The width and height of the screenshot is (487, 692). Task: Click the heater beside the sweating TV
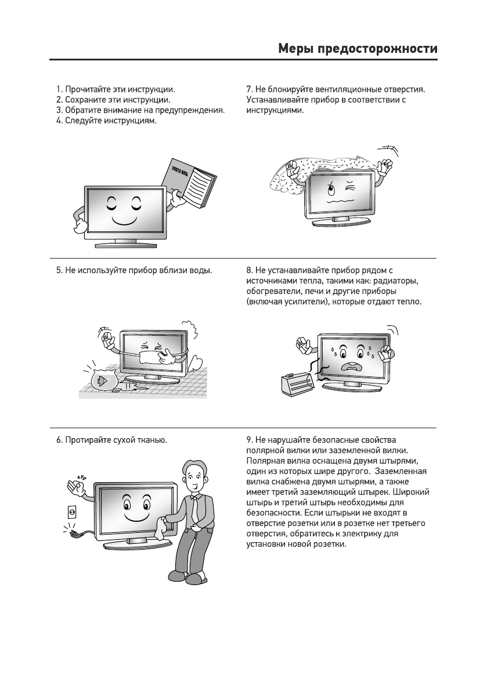(298, 383)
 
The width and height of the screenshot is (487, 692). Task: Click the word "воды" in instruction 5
(200, 270)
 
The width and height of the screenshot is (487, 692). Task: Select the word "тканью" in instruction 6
(151, 440)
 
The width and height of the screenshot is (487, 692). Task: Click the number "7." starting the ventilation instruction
(250, 89)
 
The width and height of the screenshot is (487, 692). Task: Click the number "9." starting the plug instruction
(250, 440)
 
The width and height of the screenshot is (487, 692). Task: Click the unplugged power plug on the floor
(75, 532)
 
